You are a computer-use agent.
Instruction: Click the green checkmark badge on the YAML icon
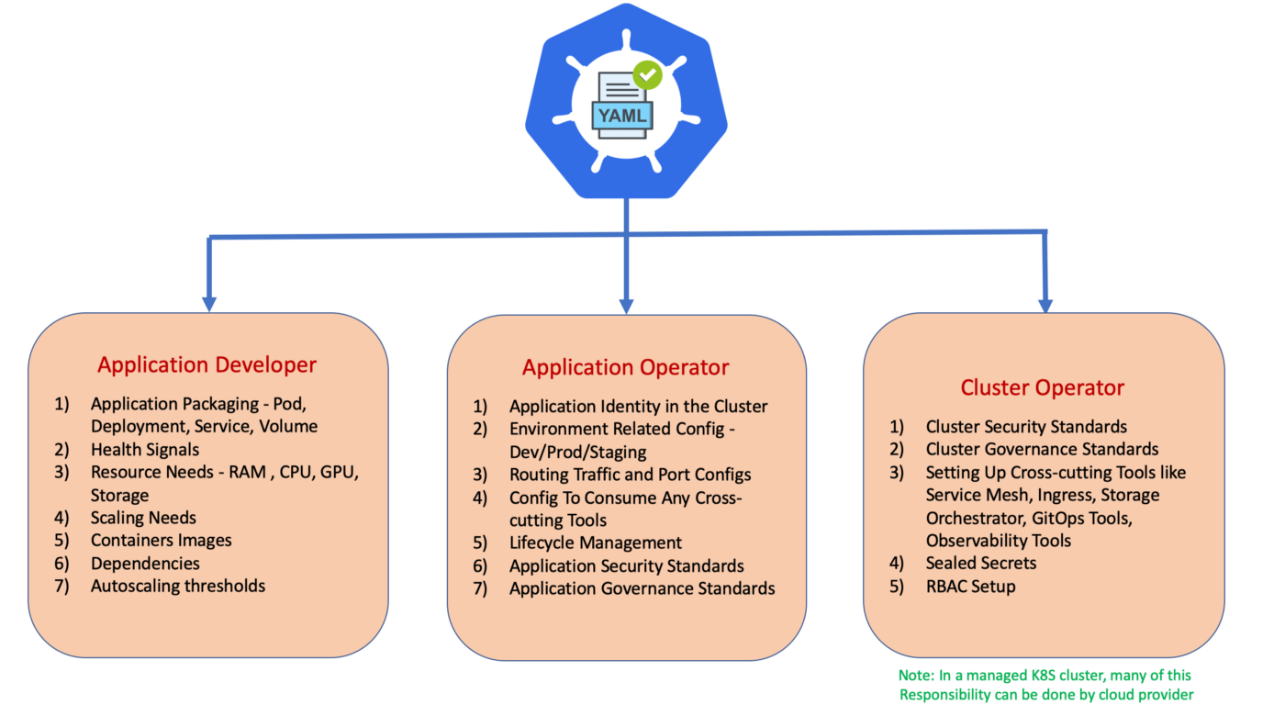pos(648,74)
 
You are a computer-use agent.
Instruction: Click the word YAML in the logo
pos(622,116)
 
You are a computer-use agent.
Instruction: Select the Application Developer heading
pos(207,365)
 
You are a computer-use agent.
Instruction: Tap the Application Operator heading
pos(625,367)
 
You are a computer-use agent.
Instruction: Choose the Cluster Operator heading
pos(1043,387)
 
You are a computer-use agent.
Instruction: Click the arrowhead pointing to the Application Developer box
pos(209,304)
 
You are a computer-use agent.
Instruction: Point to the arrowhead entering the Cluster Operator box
pos(1045,305)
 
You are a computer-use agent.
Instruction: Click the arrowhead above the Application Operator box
pos(626,307)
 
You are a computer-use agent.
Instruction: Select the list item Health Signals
pos(145,450)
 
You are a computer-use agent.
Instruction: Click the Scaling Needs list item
pos(143,518)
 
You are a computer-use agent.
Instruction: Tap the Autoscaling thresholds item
pos(178,586)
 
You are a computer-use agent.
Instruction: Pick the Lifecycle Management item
pos(596,543)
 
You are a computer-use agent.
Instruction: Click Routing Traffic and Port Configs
pos(630,475)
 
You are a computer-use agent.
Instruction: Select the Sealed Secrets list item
pos(981,563)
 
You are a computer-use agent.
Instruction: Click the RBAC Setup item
pos(971,587)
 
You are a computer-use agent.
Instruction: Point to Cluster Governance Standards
pos(1042,449)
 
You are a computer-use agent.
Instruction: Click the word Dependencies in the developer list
pos(145,564)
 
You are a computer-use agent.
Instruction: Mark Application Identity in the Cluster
pos(639,406)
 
